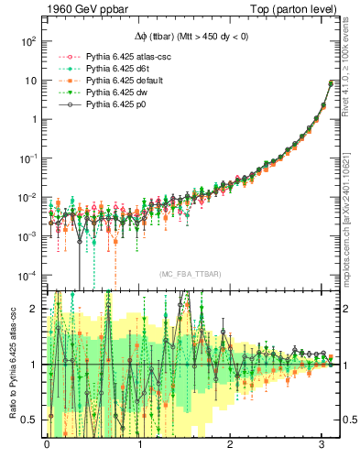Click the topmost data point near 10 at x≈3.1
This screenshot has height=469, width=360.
tap(330, 83)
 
